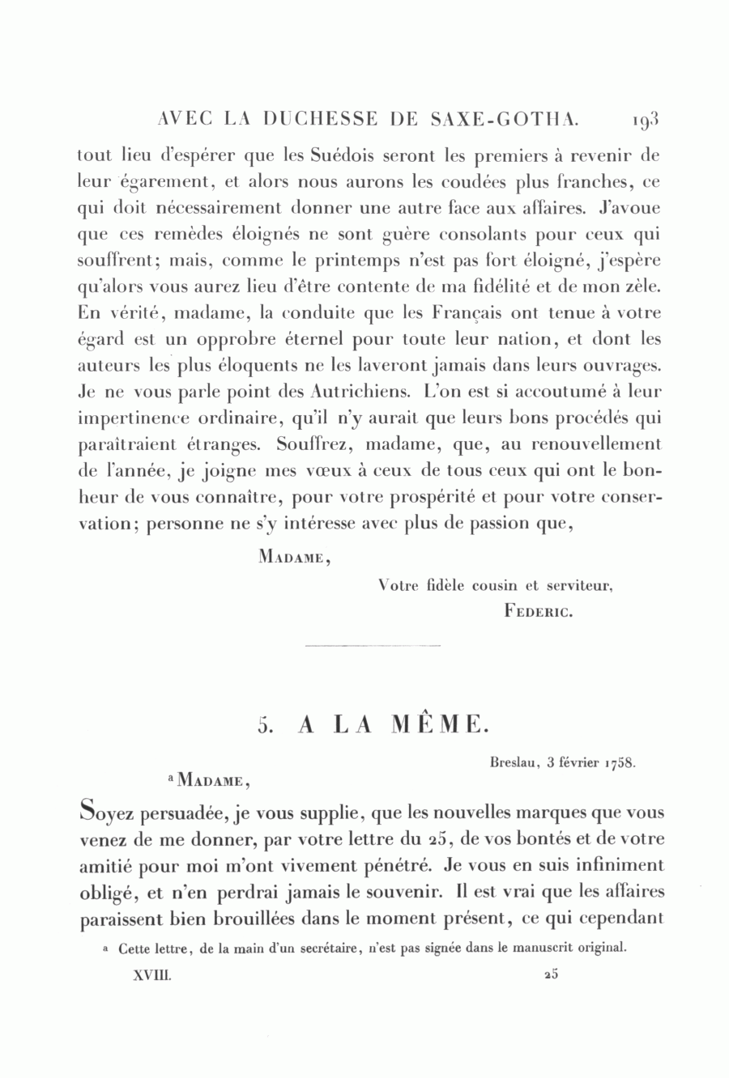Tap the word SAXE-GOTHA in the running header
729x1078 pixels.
pos(509,120)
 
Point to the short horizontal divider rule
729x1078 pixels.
pos(373,646)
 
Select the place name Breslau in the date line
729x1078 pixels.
pos(514,762)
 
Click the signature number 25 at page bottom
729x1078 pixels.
pos(552,975)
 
